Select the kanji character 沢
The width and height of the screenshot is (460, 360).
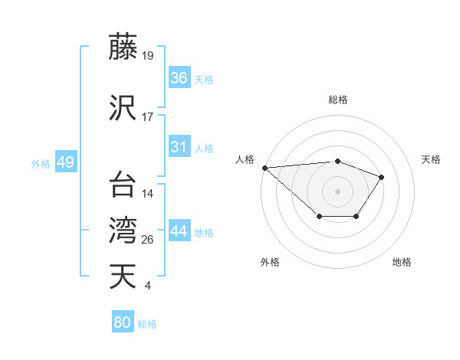point(123,106)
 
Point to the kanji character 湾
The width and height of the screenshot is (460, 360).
point(123,229)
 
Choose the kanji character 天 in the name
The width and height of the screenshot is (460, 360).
point(123,277)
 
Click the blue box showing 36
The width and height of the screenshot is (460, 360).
point(179,78)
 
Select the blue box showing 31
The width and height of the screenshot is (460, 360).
point(179,147)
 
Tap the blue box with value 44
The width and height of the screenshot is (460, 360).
point(179,231)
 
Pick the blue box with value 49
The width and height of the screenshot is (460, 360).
point(65,162)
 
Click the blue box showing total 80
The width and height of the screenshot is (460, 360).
point(123,322)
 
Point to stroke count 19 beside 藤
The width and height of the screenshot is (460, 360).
point(148,56)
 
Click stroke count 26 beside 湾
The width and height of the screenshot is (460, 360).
point(148,240)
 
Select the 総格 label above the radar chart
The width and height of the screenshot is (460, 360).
point(337,100)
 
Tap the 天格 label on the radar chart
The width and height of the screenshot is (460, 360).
point(431,159)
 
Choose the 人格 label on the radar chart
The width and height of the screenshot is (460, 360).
point(245,159)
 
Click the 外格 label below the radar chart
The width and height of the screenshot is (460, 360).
point(270,262)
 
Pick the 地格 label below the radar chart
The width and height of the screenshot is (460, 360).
point(402,262)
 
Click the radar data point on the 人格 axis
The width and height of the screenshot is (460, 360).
point(264,167)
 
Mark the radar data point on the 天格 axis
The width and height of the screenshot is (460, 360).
point(382,177)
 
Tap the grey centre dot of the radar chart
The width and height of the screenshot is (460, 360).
point(337,191)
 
